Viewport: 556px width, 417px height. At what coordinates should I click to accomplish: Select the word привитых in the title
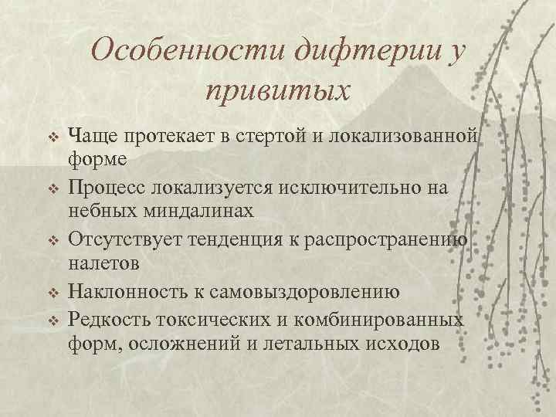tap(277, 91)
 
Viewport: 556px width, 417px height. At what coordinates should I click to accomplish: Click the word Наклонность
tap(127, 291)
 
